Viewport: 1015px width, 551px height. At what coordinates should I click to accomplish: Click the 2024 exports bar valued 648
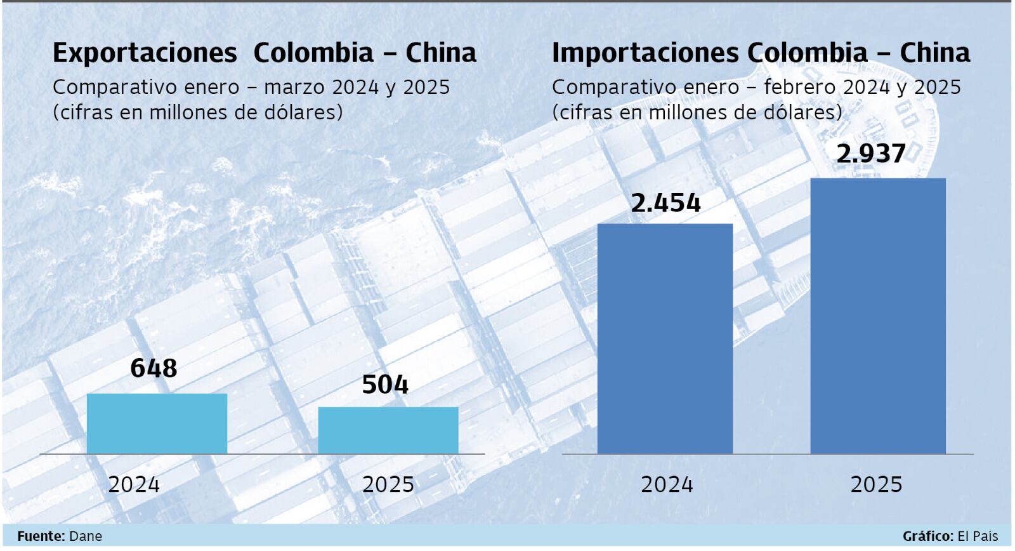pos(157,423)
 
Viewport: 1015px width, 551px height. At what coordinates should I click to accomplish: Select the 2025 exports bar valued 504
pos(388,430)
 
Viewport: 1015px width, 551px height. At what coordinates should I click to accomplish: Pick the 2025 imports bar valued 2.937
pos(877,315)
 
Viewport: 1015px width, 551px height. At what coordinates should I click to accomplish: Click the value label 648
pos(154,368)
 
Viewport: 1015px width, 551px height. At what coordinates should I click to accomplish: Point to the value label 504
pos(385,385)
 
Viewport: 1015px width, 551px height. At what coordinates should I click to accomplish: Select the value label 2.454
pos(665,203)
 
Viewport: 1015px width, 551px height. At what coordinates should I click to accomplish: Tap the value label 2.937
pos(871,154)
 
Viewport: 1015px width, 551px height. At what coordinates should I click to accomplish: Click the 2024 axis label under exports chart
pos(134,485)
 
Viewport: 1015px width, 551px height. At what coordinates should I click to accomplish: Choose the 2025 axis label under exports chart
pos(388,485)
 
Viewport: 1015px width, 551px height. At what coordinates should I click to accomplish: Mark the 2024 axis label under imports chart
pos(667,485)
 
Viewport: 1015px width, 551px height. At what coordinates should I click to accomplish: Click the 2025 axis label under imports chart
pos(876,485)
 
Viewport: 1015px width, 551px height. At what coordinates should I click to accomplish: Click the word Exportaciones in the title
pos(145,53)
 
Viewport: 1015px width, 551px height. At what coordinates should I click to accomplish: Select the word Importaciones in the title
pos(645,53)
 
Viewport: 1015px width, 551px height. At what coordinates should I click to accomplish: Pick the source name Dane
pos(85,536)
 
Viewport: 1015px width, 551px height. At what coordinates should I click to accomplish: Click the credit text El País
pos(978,536)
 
